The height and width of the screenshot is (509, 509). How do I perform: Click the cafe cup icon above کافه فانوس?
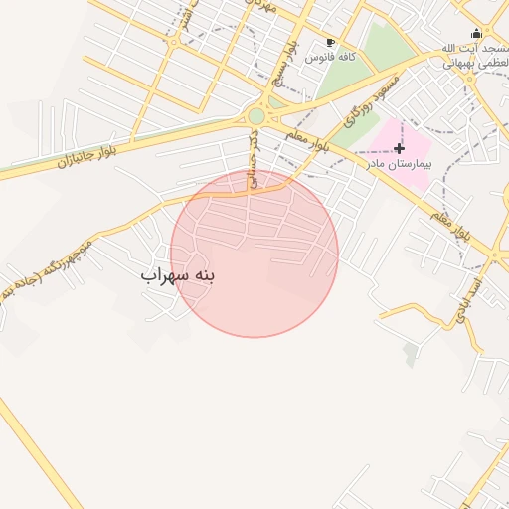click(331, 43)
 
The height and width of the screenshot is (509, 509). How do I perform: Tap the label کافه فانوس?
click(331, 58)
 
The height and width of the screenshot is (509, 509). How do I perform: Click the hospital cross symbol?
click(400, 148)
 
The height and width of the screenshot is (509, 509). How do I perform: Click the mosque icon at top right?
click(475, 33)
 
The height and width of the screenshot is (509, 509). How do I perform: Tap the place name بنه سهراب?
click(178, 273)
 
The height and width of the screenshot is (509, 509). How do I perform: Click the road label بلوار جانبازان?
click(87, 148)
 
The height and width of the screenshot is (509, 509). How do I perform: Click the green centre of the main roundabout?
click(256, 116)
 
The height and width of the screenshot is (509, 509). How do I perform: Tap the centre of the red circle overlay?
click(254, 254)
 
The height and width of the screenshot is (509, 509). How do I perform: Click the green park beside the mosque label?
click(388, 45)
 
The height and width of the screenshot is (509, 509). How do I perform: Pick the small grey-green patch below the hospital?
click(411, 355)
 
